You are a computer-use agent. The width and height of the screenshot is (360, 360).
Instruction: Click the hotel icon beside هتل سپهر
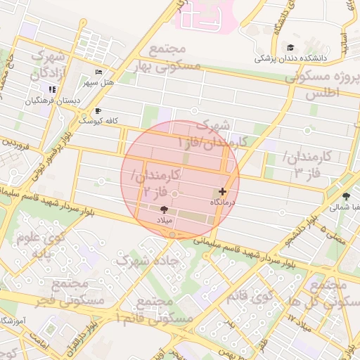coord(98,73)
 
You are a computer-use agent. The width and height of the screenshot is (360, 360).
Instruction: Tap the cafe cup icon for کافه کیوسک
coord(97,111)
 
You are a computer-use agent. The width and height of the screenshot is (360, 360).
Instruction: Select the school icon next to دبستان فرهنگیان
coord(52,89)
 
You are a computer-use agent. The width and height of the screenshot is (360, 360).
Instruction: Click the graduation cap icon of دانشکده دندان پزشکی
coord(290,48)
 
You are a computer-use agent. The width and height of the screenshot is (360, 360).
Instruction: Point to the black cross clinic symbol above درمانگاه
coord(223,191)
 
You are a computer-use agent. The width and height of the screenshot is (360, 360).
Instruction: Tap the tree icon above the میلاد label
coord(165,210)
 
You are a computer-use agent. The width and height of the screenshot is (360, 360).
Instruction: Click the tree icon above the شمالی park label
coord(345,197)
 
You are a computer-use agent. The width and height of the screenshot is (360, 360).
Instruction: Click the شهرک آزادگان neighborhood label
coord(49,64)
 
